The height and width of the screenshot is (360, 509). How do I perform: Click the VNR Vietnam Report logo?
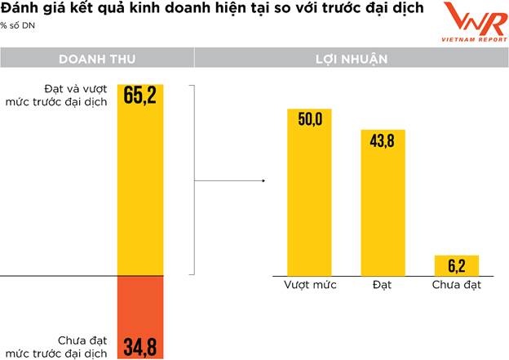467,24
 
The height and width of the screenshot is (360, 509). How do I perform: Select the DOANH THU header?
96,60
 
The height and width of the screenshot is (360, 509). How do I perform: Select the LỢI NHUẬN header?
351,60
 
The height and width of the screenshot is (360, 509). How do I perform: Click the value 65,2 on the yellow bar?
140,96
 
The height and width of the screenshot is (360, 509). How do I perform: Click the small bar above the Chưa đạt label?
456,265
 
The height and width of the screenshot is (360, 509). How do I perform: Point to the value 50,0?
309,119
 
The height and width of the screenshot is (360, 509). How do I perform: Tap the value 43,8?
383,141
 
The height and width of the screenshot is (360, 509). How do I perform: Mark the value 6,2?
456,265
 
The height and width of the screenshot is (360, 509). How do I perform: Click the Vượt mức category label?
309,286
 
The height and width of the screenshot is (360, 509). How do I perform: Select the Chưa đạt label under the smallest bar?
455,286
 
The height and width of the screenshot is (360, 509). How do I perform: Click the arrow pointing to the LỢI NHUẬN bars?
232,181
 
